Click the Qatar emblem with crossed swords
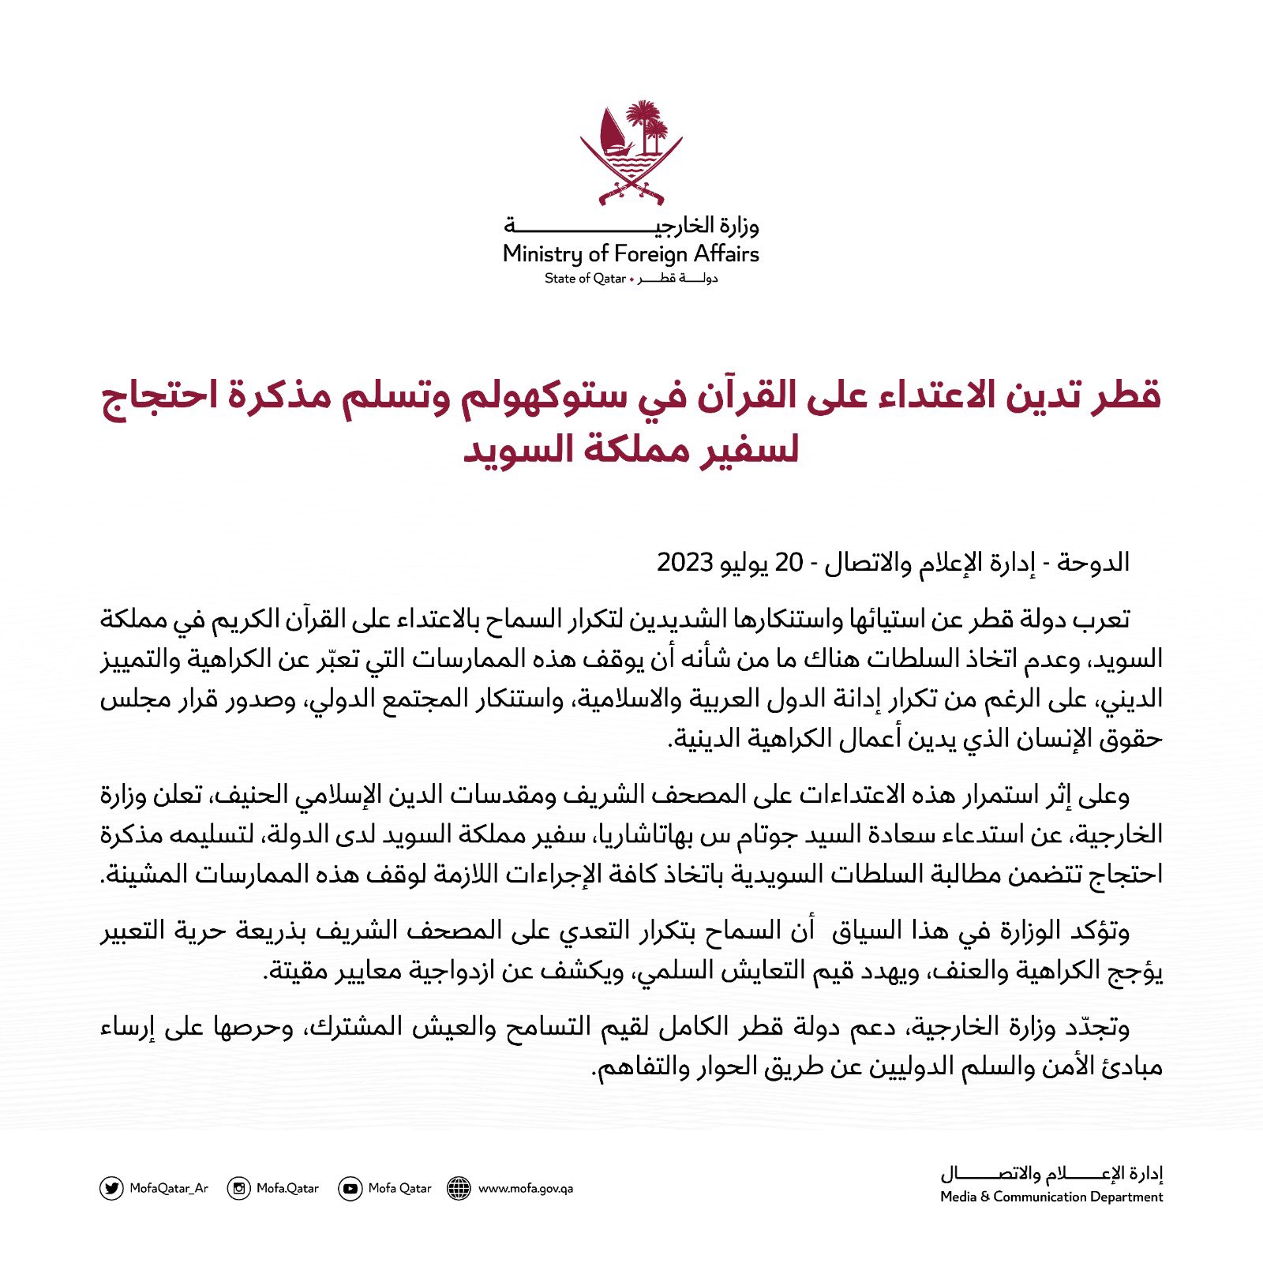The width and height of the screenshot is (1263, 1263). pyautogui.click(x=631, y=152)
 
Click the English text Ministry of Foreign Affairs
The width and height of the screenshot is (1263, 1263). pyautogui.click(x=631, y=254)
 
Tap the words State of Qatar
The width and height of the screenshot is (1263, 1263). pyautogui.click(x=585, y=279)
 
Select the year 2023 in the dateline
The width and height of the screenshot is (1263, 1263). pyautogui.click(x=686, y=563)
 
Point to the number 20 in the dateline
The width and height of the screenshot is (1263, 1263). pyautogui.click(x=789, y=563)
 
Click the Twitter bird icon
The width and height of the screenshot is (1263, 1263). pyautogui.click(x=111, y=1188)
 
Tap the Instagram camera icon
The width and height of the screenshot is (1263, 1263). pyautogui.click(x=238, y=1188)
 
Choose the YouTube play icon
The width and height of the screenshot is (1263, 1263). pyautogui.click(x=350, y=1188)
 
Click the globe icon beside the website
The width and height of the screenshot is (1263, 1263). pyautogui.click(x=459, y=1188)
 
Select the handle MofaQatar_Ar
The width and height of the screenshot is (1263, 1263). pyautogui.click(x=169, y=1188)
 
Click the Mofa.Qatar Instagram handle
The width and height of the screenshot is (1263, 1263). pyautogui.click(x=287, y=1188)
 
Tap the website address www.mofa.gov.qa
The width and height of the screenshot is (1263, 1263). pyautogui.click(x=526, y=1188)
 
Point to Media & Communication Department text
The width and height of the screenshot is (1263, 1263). pyautogui.click(x=1051, y=1197)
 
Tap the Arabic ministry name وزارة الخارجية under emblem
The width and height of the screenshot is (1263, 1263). pyautogui.click(x=631, y=227)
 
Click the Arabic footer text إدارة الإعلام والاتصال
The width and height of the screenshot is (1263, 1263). pyautogui.click(x=1051, y=1175)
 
